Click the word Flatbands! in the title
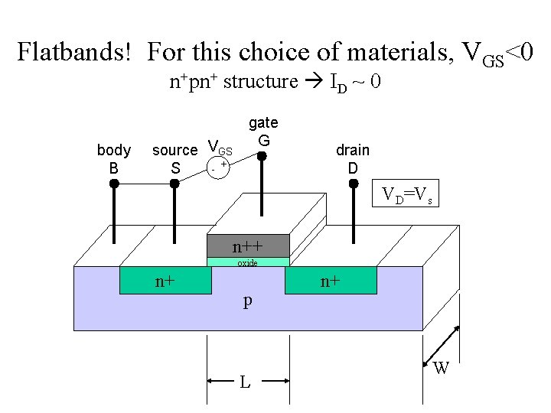point(77,53)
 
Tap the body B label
point(113,158)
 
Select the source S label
point(175,158)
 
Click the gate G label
point(263,132)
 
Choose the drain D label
point(353,158)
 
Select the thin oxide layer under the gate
point(248,262)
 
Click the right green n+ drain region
point(331,281)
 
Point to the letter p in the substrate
point(247,301)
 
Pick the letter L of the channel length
point(244,380)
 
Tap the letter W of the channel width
point(441,369)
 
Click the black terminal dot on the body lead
point(114,184)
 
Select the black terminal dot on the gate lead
point(261,156)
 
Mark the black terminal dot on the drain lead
point(353,184)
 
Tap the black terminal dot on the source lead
point(175,184)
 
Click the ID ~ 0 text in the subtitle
point(355,82)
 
